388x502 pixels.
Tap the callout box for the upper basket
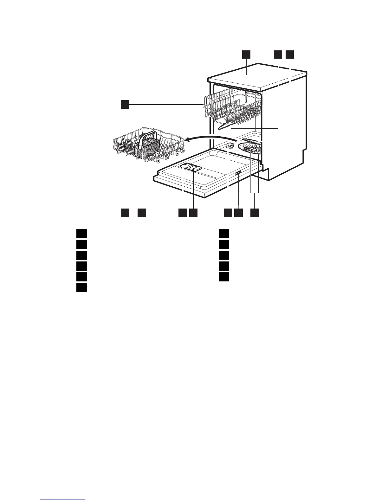pyautogui.click(x=125, y=104)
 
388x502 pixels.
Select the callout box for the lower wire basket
pyautogui.click(x=125, y=213)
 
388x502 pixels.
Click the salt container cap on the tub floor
pyautogui.click(x=230, y=146)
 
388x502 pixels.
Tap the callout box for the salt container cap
pyautogui.click(x=228, y=213)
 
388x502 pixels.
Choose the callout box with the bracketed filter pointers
pyautogui.click(x=255, y=213)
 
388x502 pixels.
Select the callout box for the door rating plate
pyautogui.click(x=238, y=213)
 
